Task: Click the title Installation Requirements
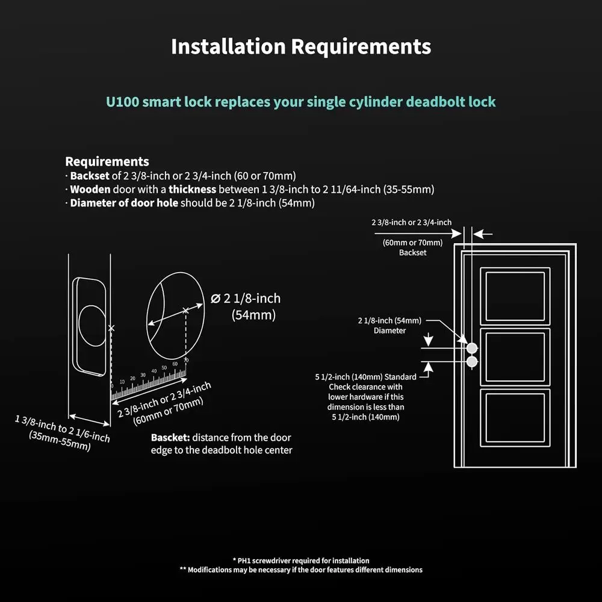301,46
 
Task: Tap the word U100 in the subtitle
123,101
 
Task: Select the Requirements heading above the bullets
107,161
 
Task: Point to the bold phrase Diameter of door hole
124,203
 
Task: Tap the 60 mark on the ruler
175,364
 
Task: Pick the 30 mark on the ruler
143,375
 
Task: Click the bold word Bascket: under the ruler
170,438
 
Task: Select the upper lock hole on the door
472,348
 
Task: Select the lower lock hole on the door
472,361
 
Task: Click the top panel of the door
515,296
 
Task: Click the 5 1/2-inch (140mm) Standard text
365,377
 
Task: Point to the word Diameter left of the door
389,330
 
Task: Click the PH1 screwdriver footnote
301,560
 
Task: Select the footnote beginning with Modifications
301,569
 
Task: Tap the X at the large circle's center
185,311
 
